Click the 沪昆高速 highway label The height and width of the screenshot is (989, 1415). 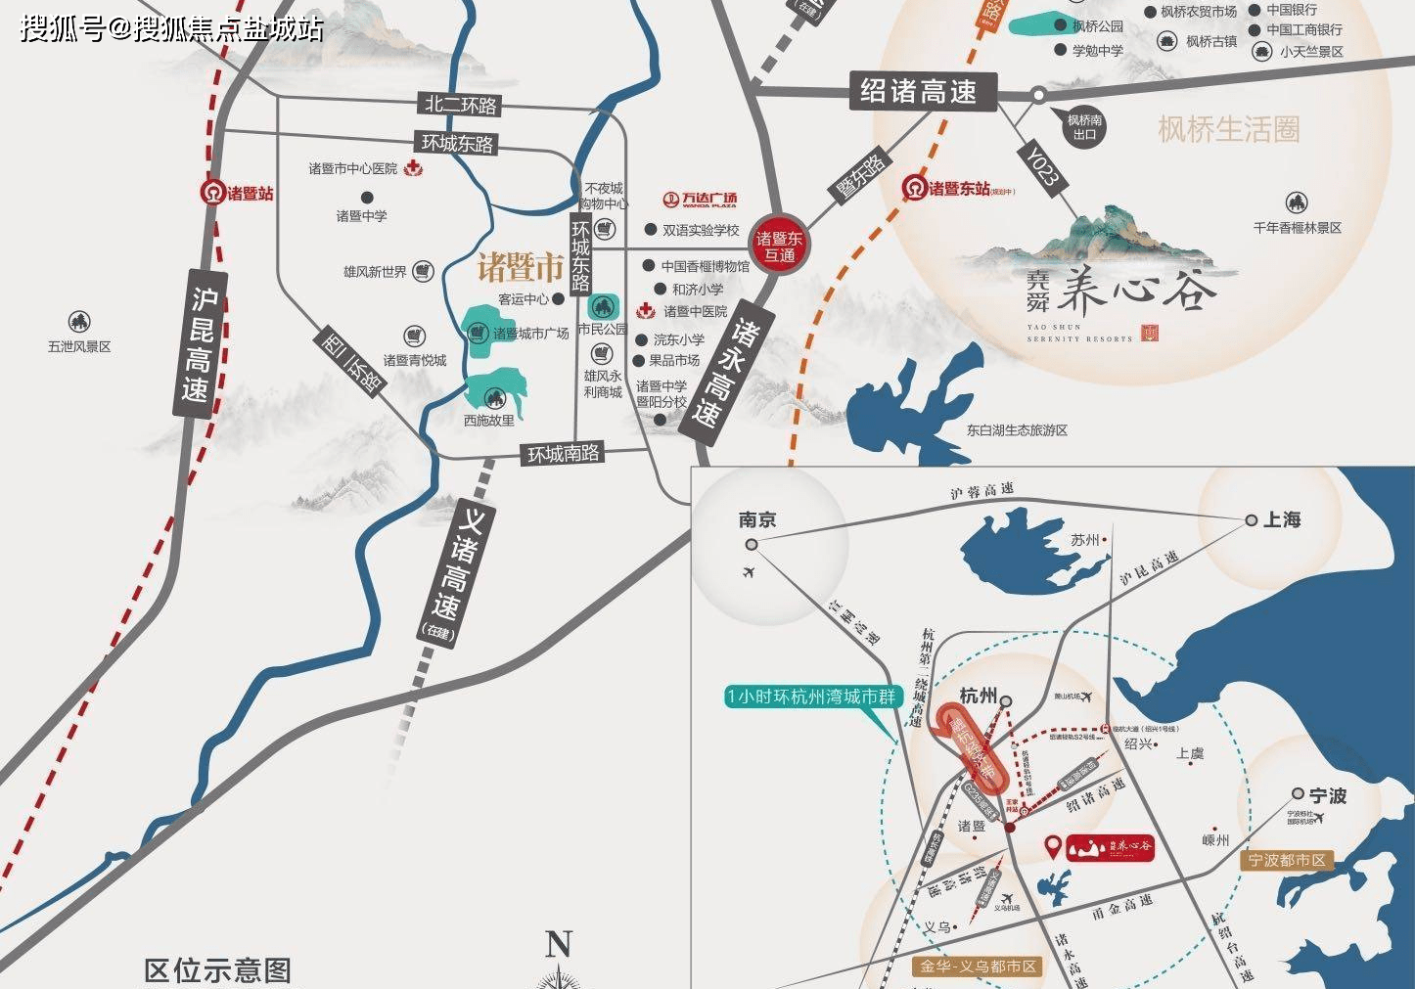[201, 343]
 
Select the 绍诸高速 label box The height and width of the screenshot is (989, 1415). [918, 91]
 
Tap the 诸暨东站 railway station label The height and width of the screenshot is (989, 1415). [959, 188]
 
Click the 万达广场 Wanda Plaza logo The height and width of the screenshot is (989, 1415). [700, 200]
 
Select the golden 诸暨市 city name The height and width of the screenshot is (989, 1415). [520, 266]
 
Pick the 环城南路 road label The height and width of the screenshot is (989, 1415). [564, 454]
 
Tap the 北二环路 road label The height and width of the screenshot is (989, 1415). [460, 105]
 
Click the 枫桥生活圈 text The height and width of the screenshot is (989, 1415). [1228, 129]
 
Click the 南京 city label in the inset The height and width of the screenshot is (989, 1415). [757, 519]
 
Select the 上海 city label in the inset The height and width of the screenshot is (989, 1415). [1281, 519]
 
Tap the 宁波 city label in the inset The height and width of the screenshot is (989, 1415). [1328, 795]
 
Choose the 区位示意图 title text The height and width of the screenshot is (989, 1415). [217, 970]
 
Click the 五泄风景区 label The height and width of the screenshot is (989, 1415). [79, 346]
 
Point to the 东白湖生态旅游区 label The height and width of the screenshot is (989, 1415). [1017, 429]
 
